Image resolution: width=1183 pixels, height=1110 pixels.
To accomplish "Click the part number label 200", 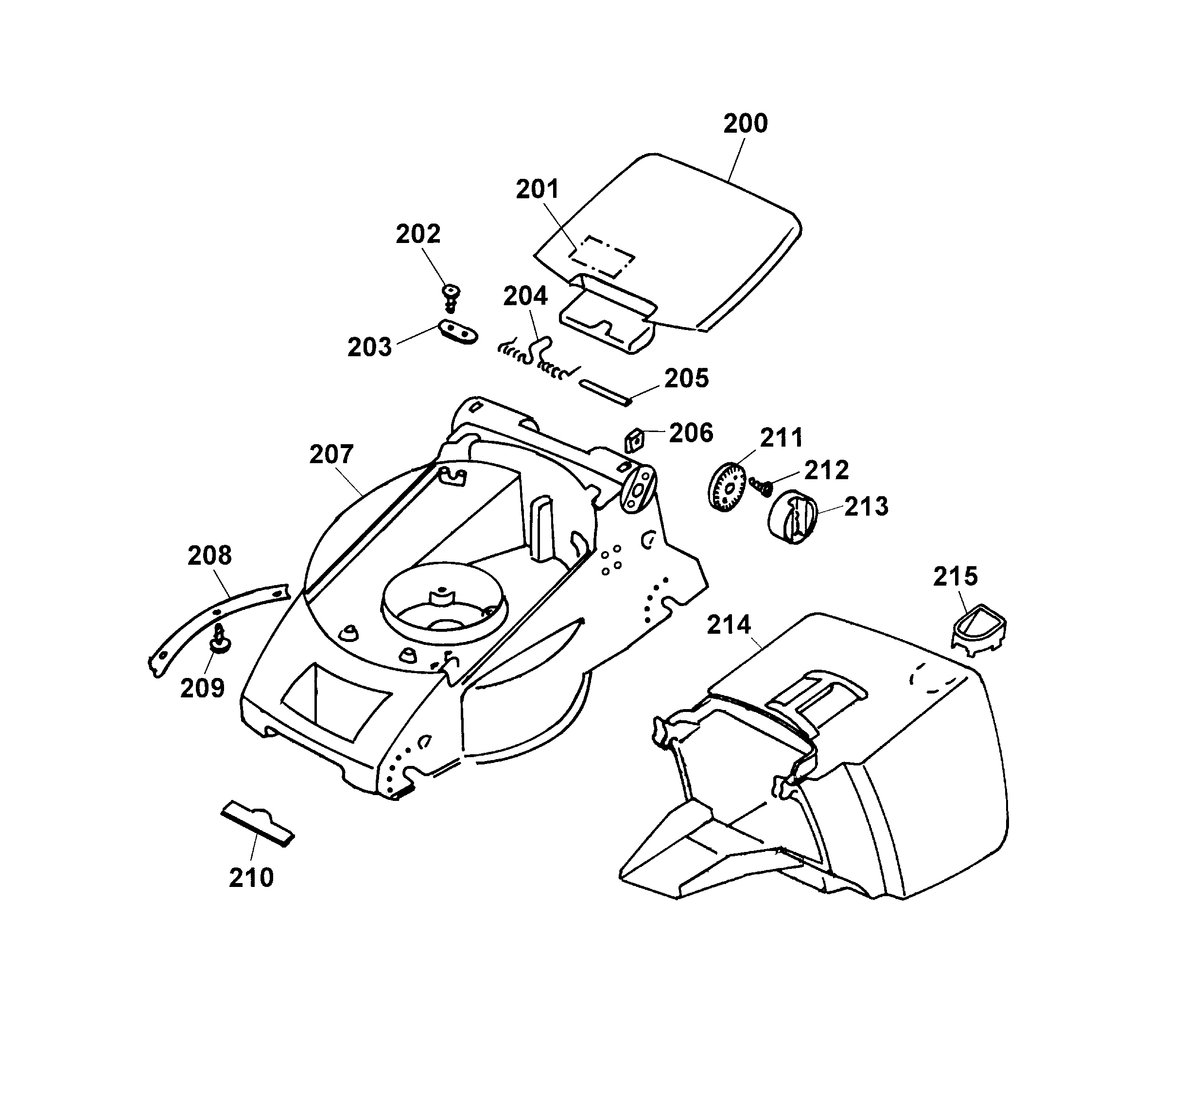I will [x=745, y=123].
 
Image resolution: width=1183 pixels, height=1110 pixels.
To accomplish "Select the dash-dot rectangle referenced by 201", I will [x=602, y=257].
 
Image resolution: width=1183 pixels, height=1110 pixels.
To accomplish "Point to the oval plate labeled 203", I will [x=458, y=332].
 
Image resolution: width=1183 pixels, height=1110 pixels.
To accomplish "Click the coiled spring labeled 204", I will [x=536, y=360].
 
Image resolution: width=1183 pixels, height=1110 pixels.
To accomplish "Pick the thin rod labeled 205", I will [x=605, y=393].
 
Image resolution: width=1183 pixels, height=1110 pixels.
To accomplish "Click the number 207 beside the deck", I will [x=331, y=455].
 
